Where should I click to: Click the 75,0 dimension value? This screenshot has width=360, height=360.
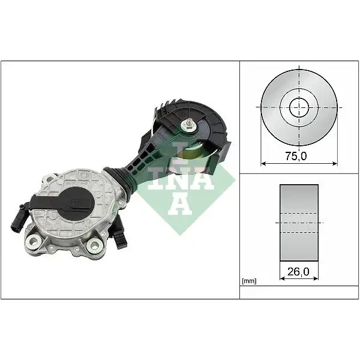click(296, 157)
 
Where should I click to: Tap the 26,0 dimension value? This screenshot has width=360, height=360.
click(298, 272)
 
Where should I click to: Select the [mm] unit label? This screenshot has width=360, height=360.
click(249, 281)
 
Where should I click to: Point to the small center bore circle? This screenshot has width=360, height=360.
click(299, 107)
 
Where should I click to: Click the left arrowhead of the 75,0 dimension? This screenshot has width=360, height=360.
click(263, 164)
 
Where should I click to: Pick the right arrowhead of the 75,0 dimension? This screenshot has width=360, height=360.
click(335, 164)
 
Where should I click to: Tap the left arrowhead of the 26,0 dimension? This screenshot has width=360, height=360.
click(283, 278)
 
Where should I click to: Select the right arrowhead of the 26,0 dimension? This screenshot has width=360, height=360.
click(316, 278)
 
